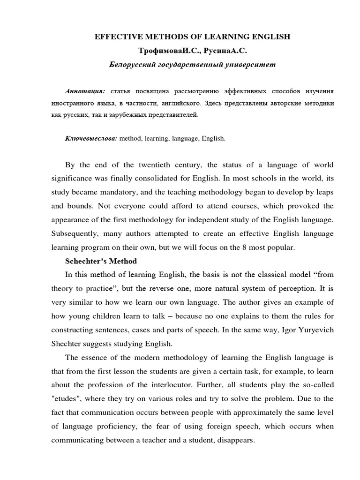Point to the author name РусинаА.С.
click(216, 50)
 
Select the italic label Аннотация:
click(85, 90)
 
